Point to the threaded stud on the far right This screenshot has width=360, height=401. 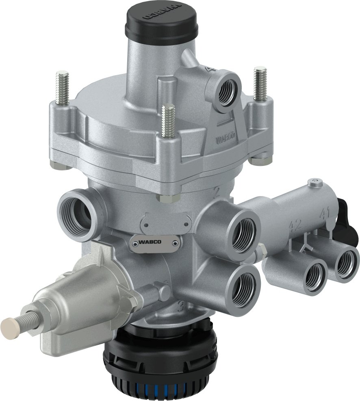tap(260, 83)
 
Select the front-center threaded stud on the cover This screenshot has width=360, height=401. tap(167, 121)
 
